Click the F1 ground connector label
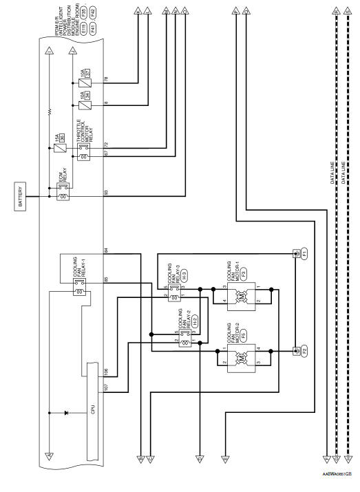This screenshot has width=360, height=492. coord(304,254)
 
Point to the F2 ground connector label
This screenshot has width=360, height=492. coord(304,351)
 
